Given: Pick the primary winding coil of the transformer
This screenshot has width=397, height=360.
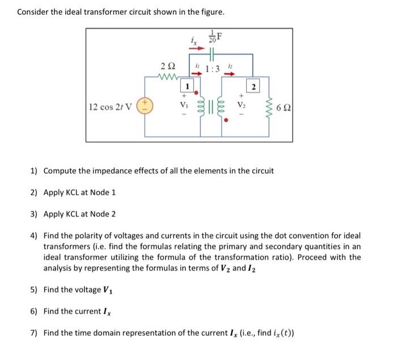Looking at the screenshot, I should click(x=201, y=106).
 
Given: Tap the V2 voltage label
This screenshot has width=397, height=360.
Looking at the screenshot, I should click(x=242, y=106).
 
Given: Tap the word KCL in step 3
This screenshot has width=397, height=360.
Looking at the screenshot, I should click(x=78, y=214).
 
